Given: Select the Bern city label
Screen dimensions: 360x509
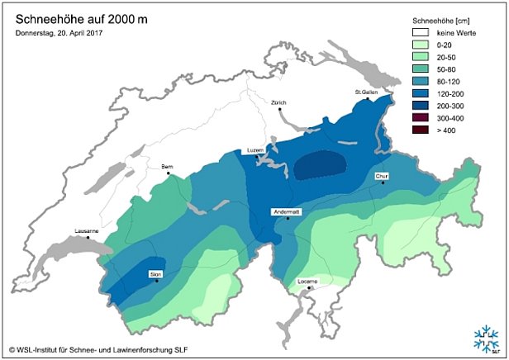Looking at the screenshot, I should point(168,166).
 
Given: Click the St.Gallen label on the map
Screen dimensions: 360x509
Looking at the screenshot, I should point(366,92).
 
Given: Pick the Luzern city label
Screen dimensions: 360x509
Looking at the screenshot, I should point(255,150).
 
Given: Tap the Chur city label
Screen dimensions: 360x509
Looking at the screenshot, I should point(381,176).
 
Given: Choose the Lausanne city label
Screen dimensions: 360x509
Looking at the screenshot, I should point(87,230).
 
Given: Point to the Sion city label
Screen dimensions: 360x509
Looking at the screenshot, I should point(155,273).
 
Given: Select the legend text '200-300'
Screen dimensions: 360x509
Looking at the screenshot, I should point(449,106).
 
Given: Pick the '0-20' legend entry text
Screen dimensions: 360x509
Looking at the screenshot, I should point(444,45).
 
